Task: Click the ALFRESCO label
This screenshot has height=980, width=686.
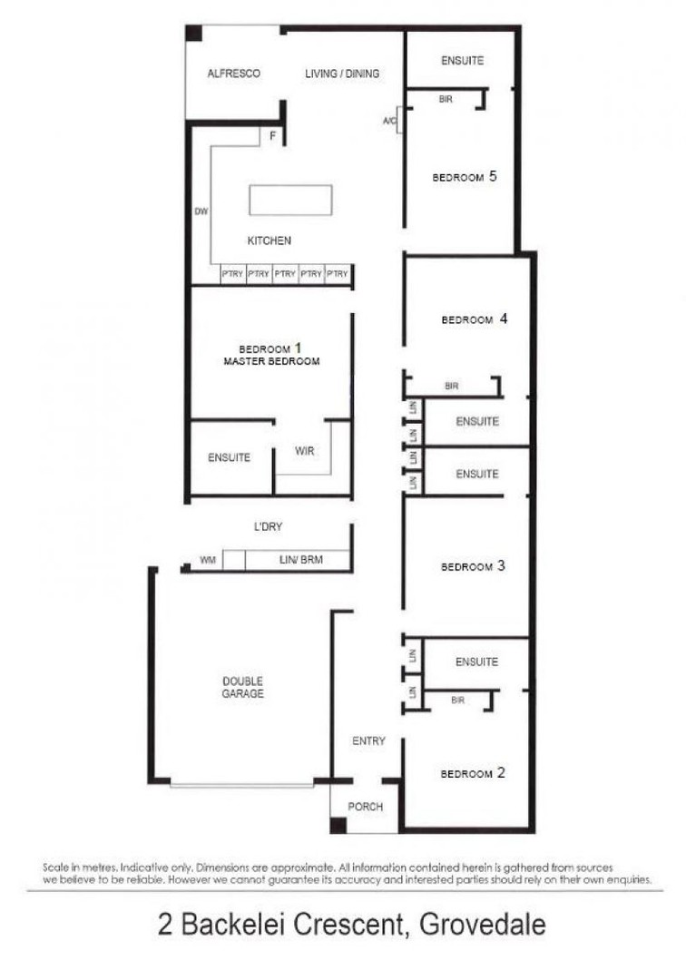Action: pyautogui.click(x=234, y=73)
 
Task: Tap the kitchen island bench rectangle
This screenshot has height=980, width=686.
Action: pyautogui.click(x=290, y=200)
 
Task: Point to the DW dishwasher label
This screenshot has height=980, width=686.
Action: pyautogui.click(x=201, y=211)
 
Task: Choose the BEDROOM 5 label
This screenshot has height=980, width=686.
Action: pyautogui.click(x=464, y=177)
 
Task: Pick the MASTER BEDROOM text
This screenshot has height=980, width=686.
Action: pyautogui.click(x=271, y=361)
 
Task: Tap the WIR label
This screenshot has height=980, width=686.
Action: pyautogui.click(x=305, y=450)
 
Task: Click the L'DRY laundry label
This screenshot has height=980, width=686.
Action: pyautogui.click(x=269, y=526)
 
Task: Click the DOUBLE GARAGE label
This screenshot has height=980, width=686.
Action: pyautogui.click(x=243, y=688)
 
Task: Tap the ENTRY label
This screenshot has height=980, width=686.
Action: pyautogui.click(x=368, y=741)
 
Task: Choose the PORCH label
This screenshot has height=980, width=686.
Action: pyautogui.click(x=366, y=807)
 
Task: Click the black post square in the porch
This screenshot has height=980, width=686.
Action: pyautogui.click(x=338, y=826)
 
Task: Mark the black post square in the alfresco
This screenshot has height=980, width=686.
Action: pyautogui.click(x=193, y=34)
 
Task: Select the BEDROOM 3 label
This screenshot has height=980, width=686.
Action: pyautogui.click(x=472, y=567)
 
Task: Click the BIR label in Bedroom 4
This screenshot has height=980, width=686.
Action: pyautogui.click(x=452, y=387)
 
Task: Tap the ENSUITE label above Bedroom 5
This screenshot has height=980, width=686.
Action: pyautogui.click(x=462, y=61)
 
